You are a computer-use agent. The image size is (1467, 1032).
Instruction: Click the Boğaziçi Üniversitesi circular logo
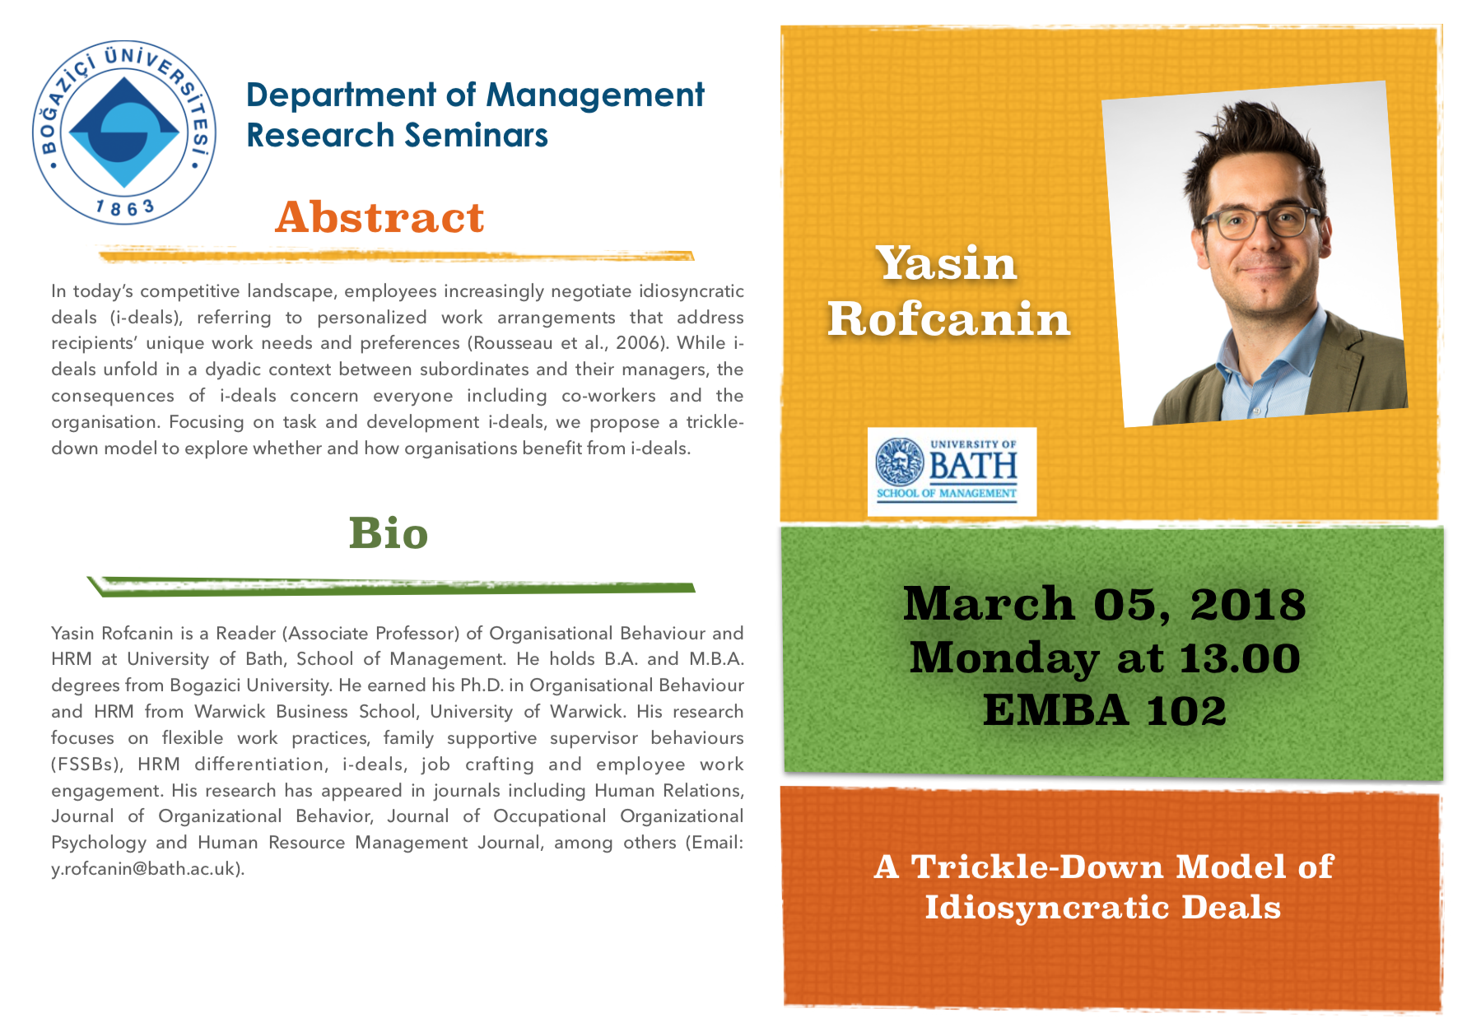point(124,132)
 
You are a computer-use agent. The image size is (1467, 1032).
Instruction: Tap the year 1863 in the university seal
point(125,207)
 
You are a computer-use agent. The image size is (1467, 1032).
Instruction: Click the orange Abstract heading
point(380,217)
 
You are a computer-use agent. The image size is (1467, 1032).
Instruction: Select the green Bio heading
point(389,532)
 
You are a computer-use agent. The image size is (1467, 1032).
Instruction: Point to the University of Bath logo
point(952,472)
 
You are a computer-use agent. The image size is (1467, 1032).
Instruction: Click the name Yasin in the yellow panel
point(946,263)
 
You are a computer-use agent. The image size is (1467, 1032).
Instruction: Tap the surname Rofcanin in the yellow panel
point(948,318)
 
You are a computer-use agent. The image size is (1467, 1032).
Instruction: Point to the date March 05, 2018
point(1104,604)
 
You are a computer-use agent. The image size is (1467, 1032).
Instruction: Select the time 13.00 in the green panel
point(1239,658)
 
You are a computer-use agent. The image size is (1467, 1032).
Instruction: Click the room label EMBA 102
point(1104,710)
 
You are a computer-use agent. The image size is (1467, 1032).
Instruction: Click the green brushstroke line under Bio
point(391,586)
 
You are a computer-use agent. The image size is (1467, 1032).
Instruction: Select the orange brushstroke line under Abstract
point(395,256)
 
